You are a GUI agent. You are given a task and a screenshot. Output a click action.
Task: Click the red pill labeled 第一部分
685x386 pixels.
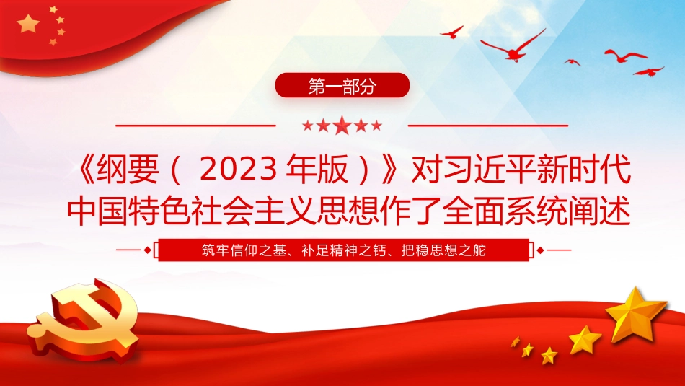pos(342,86)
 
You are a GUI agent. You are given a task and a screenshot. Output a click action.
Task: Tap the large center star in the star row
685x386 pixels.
pos(342,126)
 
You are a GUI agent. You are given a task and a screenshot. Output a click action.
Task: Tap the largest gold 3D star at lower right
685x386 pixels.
pos(635,313)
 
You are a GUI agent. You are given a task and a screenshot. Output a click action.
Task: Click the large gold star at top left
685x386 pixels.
pos(28,24)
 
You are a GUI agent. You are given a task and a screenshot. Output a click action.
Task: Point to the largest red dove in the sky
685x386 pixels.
pos(513,47)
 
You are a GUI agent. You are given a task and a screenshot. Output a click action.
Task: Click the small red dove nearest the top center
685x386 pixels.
pos(452,32)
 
